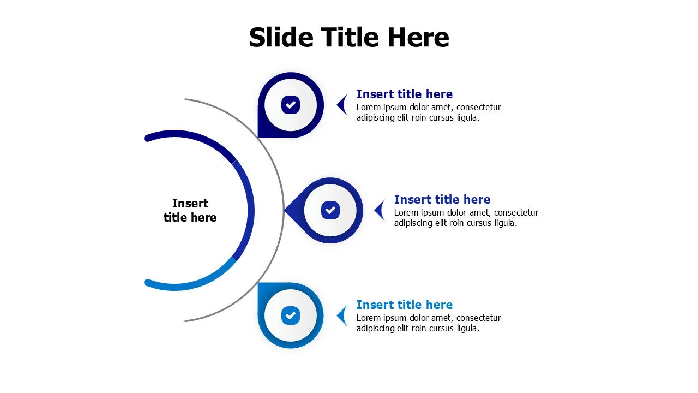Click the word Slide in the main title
[281, 37]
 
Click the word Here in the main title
[418, 37]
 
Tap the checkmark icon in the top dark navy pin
[291, 105]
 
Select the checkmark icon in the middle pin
[330, 210]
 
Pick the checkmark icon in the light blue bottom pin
[291, 315]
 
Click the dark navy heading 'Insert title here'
[405, 94]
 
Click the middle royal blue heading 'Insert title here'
[442, 199]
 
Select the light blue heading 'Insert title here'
[405, 305]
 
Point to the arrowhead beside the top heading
[342, 105]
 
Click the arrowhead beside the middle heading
[380, 210]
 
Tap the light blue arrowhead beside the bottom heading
[342, 315]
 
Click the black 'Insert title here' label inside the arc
[190, 210]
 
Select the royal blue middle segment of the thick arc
[251, 210]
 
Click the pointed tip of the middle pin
[285, 210]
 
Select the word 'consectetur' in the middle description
[516, 213]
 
